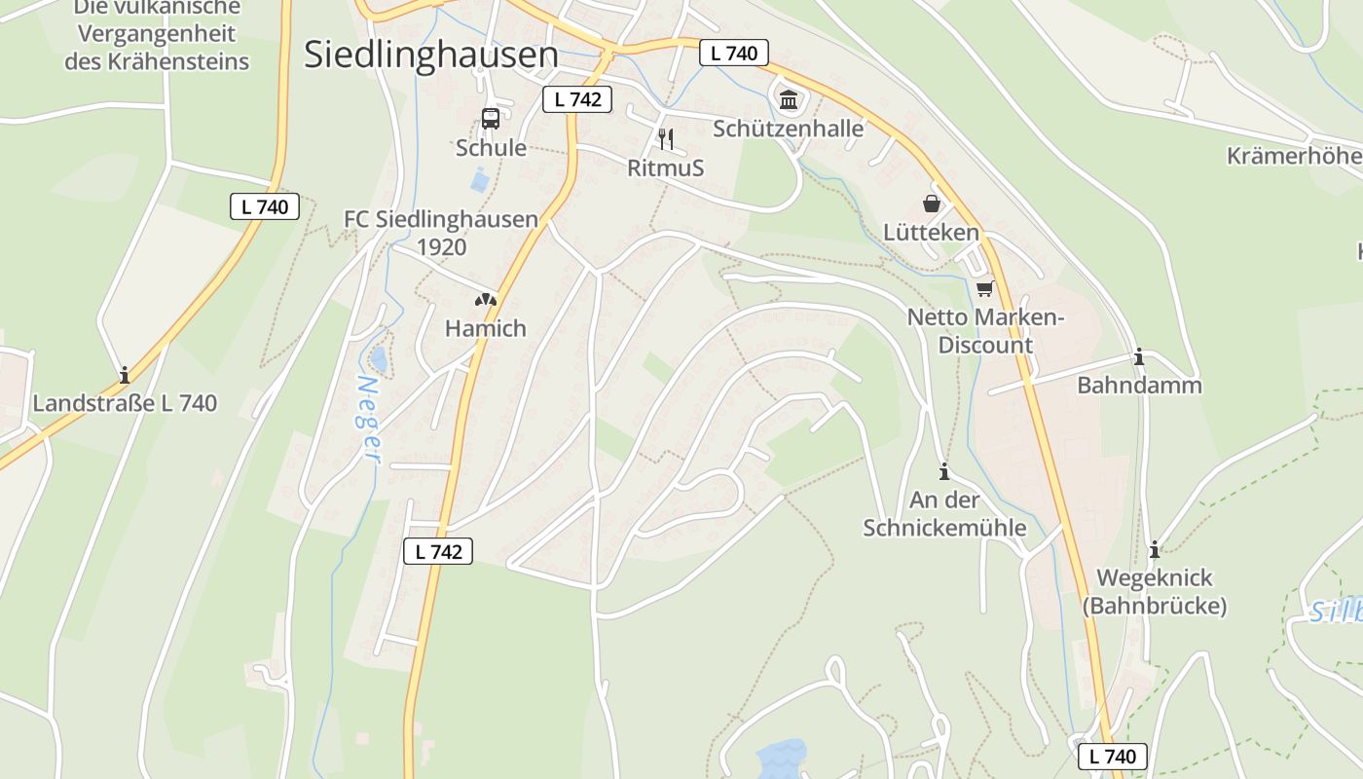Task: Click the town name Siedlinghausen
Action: click(x=431, y=55)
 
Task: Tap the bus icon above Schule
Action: click(x=491, y=119)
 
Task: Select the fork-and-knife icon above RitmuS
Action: click(x=666, y=138)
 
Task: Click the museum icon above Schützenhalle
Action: click(x=789, y=99)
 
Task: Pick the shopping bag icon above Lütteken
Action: click(x=932, y=204)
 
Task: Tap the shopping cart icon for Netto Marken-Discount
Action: click(x=985, y=288)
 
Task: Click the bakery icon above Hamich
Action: click(x=486, y=301)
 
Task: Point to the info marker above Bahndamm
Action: click(x=1139, y=356)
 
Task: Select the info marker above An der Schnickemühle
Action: click(x=943, y=472)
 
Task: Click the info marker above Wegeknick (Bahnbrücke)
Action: click(x=1155, y=549)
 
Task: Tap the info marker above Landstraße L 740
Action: click(x=125, y=375)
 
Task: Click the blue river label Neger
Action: click(x=368, y=419)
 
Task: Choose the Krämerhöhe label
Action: click(x=1294, y=156)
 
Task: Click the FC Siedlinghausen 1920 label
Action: click(x=441, y=233)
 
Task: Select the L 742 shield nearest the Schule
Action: click(x=576, y=98)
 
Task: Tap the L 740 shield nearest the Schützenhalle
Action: click(x=734, y=53)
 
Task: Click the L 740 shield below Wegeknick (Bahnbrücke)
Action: click(x=1113, y=756)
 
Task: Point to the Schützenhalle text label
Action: click(x=789, y=129)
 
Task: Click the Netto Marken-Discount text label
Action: click(x=985, y=331)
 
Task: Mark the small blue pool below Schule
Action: click(x=480, y=180)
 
